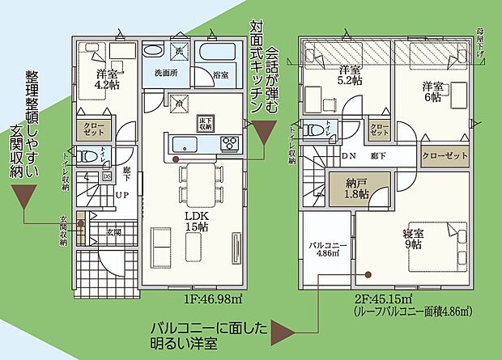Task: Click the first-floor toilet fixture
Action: pos(91,156)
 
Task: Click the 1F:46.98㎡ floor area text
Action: pos(213,299)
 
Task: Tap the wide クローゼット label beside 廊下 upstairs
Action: pos(445,156)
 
